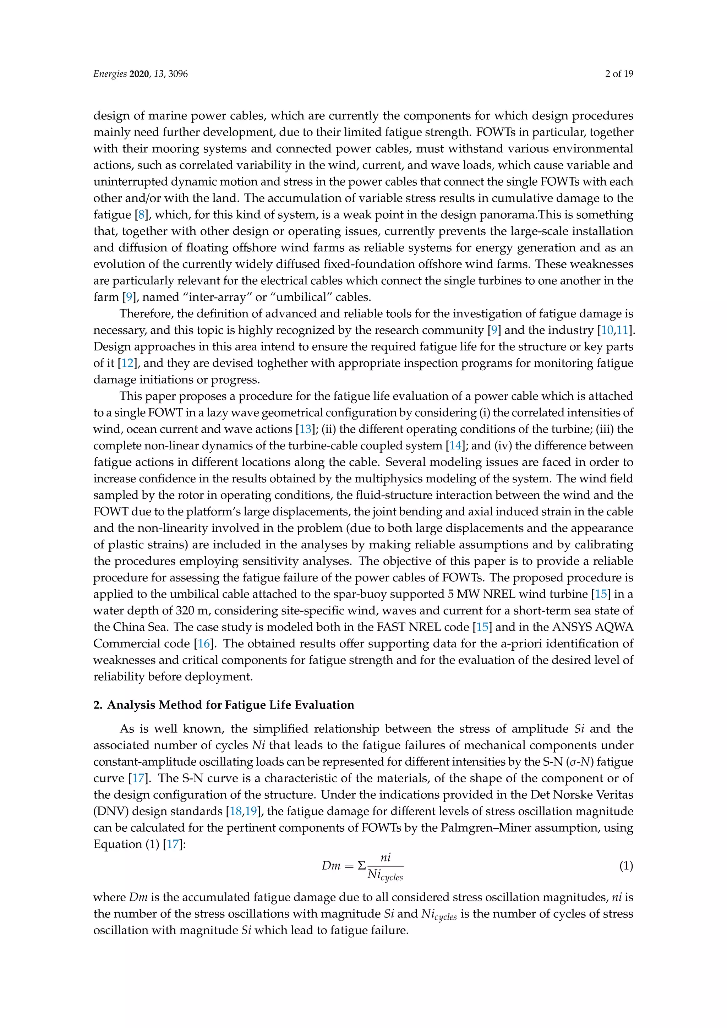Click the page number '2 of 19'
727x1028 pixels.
(x=619, y=74)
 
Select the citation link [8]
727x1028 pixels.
(x=142, y=215)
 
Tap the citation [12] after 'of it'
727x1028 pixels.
(x=127, y=363)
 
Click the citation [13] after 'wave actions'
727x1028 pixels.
(x=305, y=430)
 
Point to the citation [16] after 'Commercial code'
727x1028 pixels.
(x=204, y=644)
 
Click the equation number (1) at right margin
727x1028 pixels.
(x=626, y=866)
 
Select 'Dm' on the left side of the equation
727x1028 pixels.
(x=331, y=866)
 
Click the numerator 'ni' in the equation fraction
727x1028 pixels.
(x=386, y=857)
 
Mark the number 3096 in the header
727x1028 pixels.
(x=178, y=74)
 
